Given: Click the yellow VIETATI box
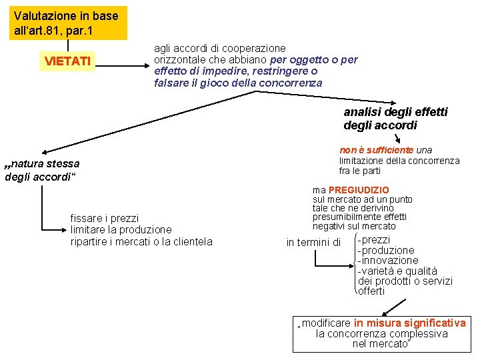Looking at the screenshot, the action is (x=67, y=61).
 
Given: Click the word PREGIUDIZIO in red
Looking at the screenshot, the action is (x=359, y=190).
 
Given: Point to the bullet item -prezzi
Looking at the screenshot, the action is (x=375, y=239).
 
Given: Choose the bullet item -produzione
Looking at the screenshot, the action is (x=386, y=250).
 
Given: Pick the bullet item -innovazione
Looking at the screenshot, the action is (x=388, y=260).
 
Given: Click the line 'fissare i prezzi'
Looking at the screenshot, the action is (x=105, y=218).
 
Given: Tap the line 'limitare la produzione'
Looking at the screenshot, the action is (x=121, y=229).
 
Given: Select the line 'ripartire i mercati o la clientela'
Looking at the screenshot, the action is (x=141, y=241).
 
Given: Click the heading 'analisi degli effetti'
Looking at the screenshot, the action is (x=395, y=112).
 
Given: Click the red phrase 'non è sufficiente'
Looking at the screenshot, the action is (x=377, y=150).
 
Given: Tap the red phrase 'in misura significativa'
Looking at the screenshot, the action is (x=410, y=323).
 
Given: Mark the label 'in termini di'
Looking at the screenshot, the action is (x=313, y=242).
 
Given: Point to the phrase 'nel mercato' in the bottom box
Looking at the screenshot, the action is (x=380, y=344).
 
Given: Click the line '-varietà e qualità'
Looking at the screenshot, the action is (x=397, y=271).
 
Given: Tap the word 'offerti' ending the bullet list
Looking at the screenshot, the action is (x=371, y=291).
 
